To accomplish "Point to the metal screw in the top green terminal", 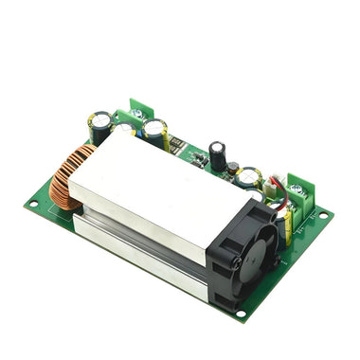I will [139, 111].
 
